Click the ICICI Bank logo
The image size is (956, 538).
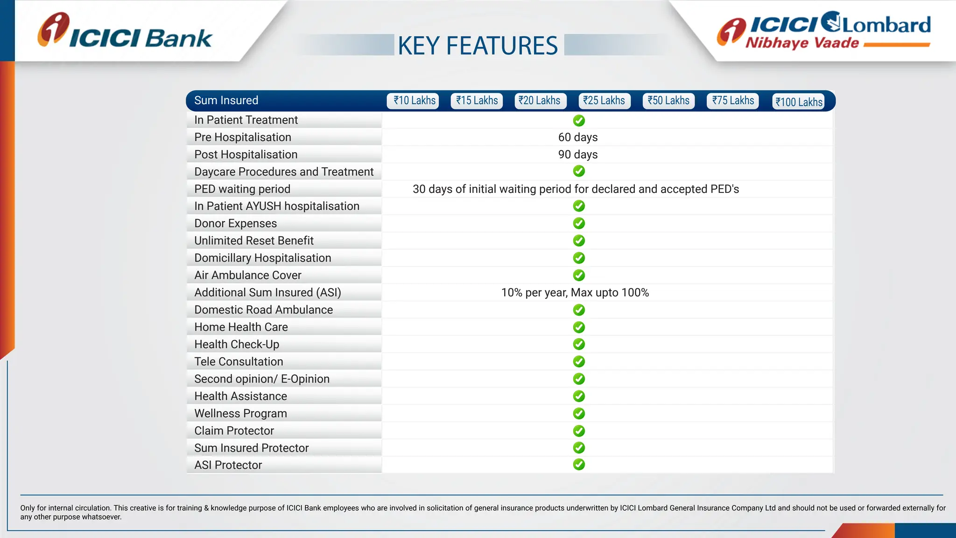point(125,32)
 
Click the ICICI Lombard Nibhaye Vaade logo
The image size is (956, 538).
point(824,31)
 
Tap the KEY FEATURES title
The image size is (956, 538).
point(478,46)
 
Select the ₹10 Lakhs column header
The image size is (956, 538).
point(413,101)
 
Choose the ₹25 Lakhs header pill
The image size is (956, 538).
point(605,101)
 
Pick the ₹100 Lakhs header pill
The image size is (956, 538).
point(798,102)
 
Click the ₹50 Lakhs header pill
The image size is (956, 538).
point(668,101)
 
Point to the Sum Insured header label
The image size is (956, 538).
point(226,100)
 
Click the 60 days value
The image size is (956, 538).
point(578,137)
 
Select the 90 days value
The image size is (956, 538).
point(578,155)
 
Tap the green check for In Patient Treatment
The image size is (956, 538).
point(579,120)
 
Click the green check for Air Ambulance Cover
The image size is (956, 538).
point(579,275)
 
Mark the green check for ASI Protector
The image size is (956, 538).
point(579,465)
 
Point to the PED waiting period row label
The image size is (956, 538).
point(242,189)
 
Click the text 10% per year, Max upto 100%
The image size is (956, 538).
point(575,293)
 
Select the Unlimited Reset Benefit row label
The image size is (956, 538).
point(254,241)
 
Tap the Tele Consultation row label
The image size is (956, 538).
point(239,362)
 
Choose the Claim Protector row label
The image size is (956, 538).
point(234,431)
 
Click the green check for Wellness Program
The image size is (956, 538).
point(579,413)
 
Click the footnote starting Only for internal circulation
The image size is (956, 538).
point(481,512)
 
